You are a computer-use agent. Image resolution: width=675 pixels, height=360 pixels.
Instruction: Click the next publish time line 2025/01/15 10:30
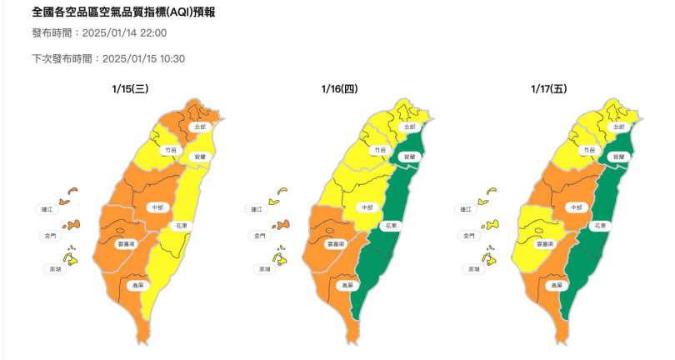[107, 59]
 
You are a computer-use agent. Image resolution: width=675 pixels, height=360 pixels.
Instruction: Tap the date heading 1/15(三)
[130, 87]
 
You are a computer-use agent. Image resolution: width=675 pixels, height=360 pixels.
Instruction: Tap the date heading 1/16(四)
[339, 87]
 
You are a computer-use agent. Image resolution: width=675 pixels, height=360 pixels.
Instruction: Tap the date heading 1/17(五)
[548, 87]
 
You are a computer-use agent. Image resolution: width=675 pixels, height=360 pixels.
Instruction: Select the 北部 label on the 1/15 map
[197, 127]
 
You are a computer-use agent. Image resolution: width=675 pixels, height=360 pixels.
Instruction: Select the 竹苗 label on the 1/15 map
[171, 149]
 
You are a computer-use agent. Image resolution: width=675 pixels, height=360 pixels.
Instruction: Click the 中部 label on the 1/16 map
[364, 206]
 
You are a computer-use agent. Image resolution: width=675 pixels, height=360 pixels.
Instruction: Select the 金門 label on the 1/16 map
[260, 236]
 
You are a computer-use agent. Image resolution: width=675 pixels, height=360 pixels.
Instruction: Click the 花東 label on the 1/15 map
[179, 226]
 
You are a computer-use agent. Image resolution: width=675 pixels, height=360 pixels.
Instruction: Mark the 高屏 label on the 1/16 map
[346, 285]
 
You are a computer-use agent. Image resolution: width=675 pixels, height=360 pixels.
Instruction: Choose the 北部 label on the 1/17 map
[617, 127]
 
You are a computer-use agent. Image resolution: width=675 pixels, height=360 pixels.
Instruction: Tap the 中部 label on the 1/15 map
[155, 206]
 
